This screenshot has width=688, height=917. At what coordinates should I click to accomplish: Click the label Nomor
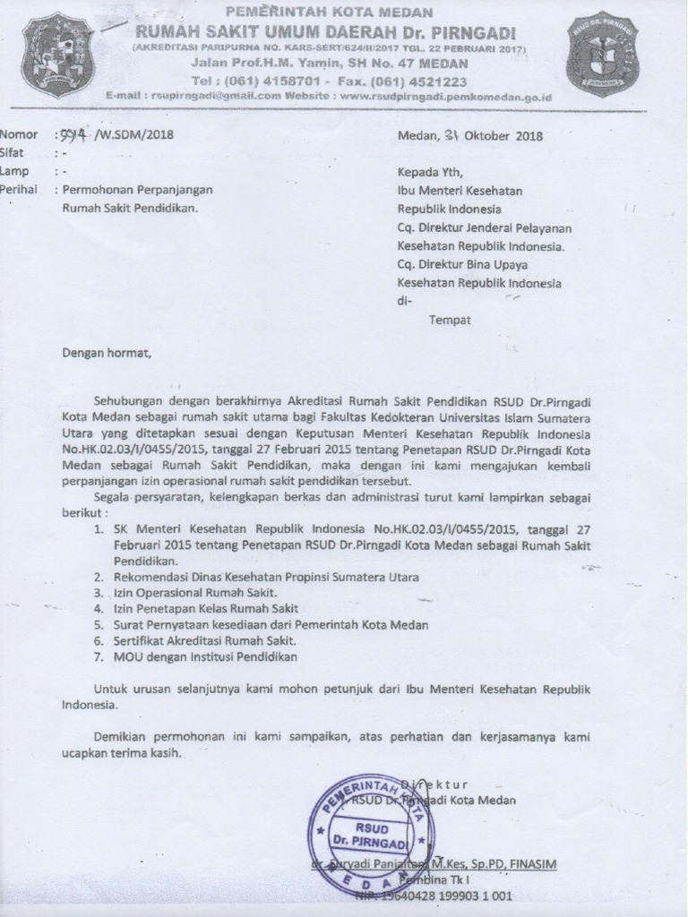[19, 134]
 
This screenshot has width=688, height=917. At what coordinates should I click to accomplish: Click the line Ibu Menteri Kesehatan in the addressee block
[460, 190]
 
